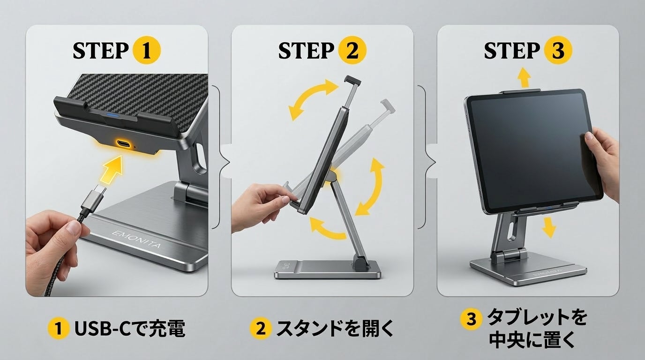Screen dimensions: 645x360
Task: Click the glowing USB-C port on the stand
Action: [x=124, y=143]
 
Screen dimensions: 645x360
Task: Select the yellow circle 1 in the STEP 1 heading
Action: [x=146, y=51]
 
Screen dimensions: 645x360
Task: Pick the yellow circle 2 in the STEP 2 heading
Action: [x=352, y=51]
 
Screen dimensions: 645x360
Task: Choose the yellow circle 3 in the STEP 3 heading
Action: [x=558, y=51]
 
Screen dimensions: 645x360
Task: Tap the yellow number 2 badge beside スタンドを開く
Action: [x=261, y=328]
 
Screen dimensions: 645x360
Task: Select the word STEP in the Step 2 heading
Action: [x=306, y=51]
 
